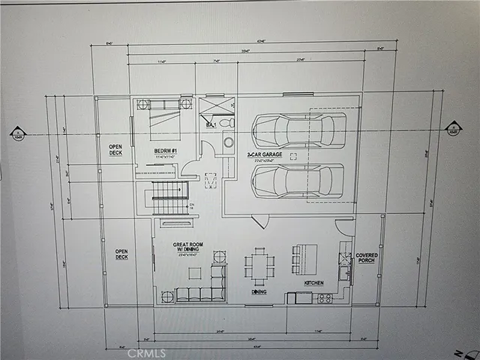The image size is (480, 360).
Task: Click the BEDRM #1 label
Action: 166,150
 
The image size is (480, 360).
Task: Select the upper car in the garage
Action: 298,130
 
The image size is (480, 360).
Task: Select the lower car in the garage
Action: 298,181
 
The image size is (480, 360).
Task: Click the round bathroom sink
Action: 228,141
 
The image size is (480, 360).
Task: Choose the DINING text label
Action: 259,292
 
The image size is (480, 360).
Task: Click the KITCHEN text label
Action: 314,283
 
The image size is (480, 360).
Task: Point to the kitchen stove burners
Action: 325,298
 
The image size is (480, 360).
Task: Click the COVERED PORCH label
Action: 366,259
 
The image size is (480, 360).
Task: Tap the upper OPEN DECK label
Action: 116,149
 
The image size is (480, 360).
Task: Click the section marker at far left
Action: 17,133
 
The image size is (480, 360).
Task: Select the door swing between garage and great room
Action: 259,220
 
